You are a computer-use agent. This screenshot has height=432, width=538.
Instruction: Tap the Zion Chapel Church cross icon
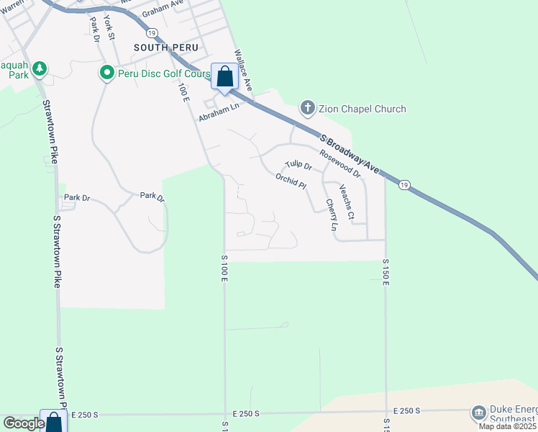tap(307, 109)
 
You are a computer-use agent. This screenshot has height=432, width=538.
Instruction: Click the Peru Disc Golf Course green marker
tap(106, 73)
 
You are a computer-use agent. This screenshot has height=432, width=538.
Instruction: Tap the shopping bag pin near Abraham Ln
tap(224, 76)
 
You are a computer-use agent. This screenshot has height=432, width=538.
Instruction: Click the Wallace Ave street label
tap(243, 70)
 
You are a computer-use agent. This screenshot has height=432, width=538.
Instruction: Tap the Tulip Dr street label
tap(298, 166)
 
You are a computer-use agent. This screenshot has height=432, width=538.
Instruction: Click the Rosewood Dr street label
tap(339, 163)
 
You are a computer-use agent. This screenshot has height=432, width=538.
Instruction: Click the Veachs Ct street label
tap(346, 203)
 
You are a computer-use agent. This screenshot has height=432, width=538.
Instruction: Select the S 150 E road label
tap(386, 272)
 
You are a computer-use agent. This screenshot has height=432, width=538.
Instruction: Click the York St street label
tap(109, 27)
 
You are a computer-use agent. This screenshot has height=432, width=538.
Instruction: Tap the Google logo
tap(24, 423)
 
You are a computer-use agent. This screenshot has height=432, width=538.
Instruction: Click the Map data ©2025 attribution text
tap(508, 427)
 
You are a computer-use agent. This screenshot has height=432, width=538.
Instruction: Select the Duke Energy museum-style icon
tap(478, 413)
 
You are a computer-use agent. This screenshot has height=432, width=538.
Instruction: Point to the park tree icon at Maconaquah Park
tap(41, 69)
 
